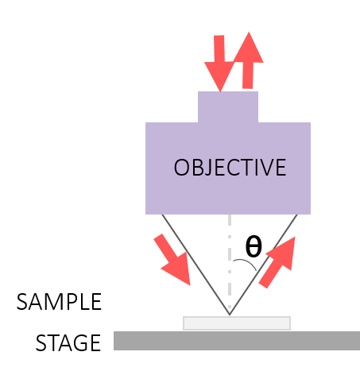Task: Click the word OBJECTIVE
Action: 230,168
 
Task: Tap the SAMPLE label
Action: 59,302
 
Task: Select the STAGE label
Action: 68,342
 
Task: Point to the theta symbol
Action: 254,247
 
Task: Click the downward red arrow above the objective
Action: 219,64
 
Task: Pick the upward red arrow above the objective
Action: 248,60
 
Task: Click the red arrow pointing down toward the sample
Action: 173,261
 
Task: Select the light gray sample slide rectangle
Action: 237,323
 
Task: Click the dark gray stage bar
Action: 237,341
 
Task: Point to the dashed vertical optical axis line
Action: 230,265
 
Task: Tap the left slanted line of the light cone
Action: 195,265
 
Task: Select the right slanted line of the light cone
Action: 263,265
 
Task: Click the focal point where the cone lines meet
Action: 230,315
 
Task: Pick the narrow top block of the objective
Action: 228,107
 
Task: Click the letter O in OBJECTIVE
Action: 181,168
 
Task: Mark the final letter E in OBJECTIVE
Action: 281,168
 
